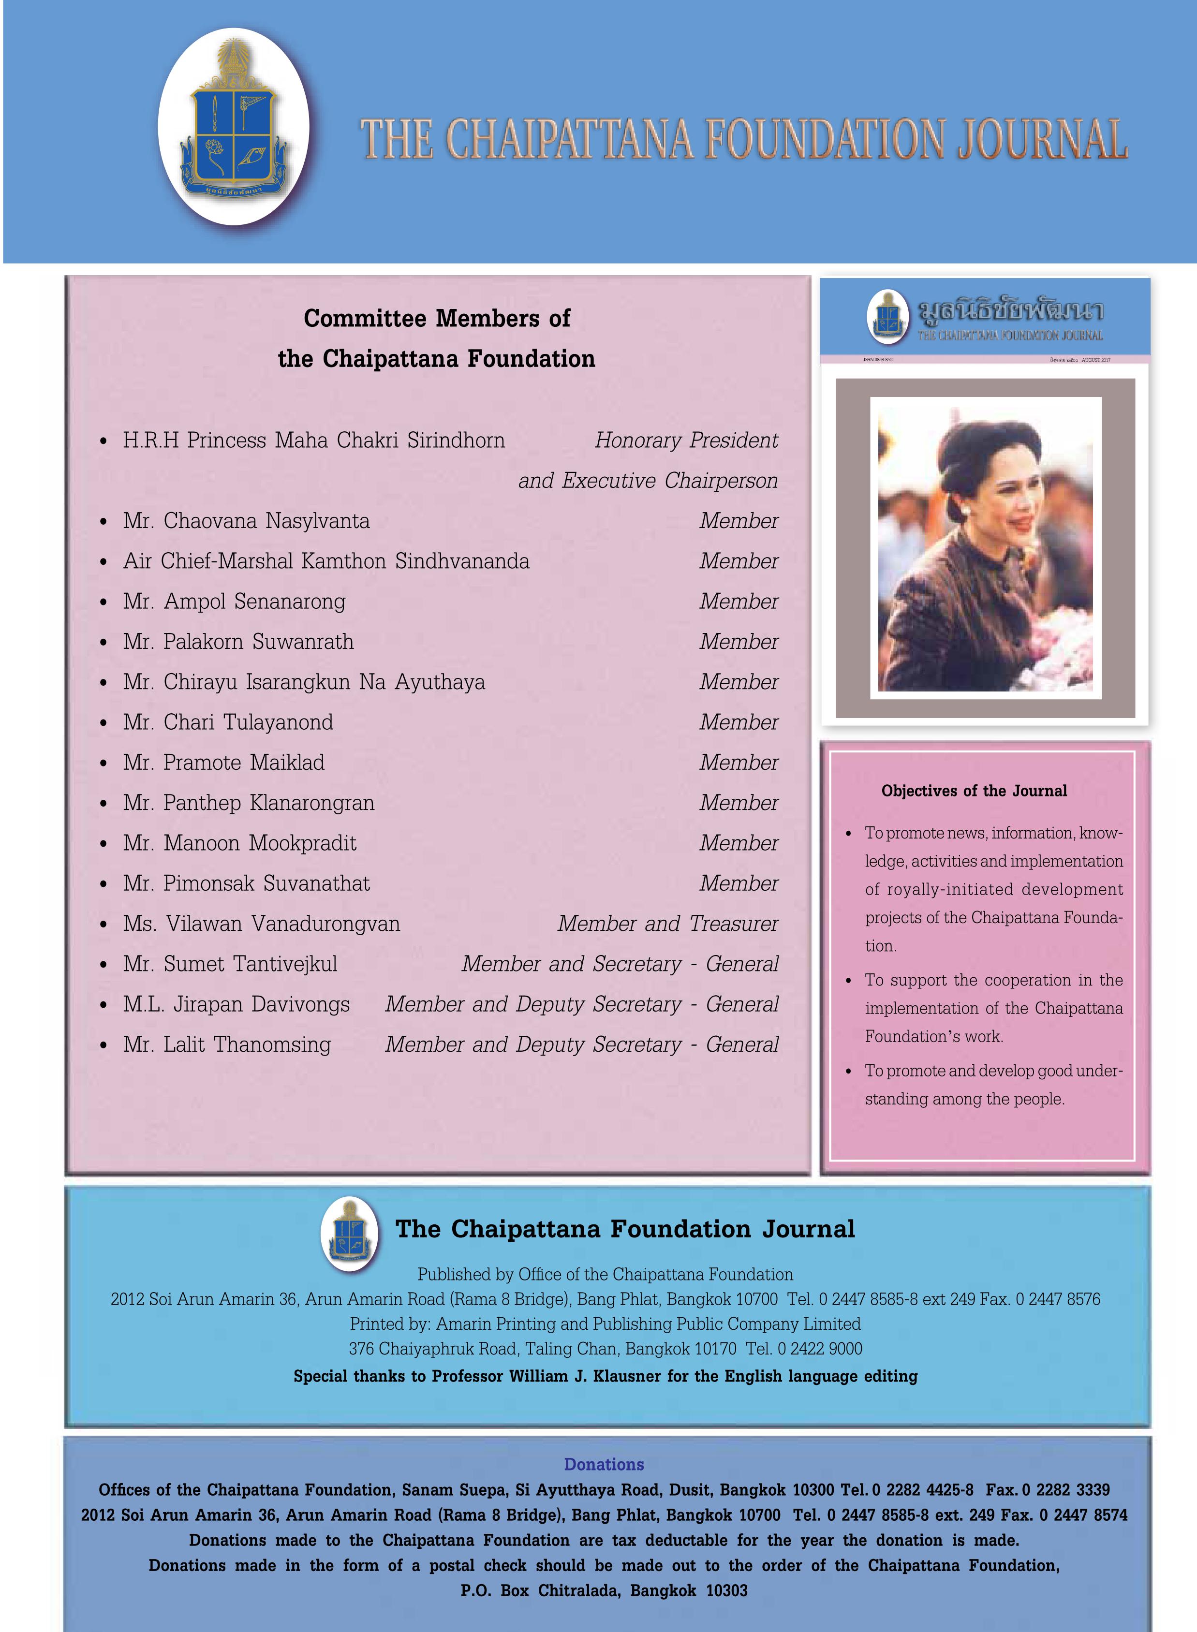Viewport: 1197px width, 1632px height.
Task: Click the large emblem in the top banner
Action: (233, 127)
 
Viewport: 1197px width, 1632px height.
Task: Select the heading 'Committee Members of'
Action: (436, 318)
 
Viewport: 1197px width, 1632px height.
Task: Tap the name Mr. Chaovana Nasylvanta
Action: (246, 521)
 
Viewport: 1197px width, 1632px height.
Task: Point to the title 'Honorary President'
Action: (686, 441)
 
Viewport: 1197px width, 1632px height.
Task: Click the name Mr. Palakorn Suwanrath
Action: (238, 642)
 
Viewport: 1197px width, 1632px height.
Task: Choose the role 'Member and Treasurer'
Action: (667, 924)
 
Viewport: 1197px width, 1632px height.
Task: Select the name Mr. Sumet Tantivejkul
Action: (230, 964)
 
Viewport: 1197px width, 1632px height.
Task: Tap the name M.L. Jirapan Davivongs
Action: (236, 1004)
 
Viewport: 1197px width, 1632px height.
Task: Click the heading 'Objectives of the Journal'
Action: (974, 791)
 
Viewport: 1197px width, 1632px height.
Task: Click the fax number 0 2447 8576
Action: (1058, 1299)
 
